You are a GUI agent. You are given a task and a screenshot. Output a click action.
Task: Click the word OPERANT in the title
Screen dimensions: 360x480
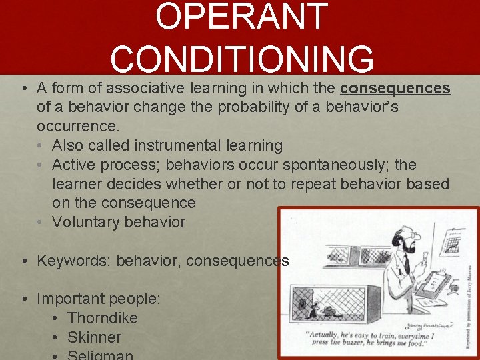coord(241,17)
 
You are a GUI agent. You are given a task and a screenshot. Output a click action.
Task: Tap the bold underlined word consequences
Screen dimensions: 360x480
coord(395,89)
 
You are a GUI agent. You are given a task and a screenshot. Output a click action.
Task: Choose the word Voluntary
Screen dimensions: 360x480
coord(85,222)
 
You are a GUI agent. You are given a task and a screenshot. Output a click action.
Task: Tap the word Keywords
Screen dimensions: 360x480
coord(73,261)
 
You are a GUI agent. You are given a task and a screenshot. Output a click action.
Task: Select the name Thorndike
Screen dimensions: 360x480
coord(102,318)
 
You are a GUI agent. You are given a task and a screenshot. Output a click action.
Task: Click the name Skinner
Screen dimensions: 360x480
coord(94,337)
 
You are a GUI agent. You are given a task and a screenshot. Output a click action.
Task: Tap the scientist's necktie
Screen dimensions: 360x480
coord(406,263)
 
